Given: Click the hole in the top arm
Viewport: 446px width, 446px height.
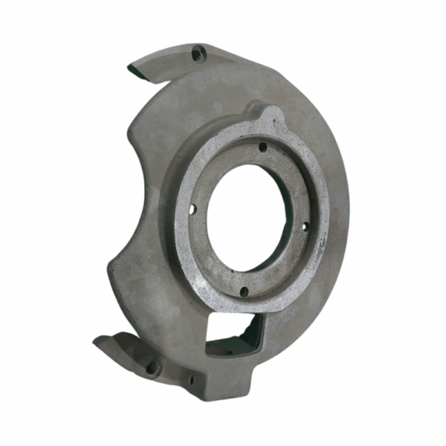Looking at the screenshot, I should click(x=197, y=54).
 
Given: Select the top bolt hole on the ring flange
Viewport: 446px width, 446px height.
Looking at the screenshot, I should click(x=262, y=147).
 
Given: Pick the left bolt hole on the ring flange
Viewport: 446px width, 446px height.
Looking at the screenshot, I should click(x=193, y=209).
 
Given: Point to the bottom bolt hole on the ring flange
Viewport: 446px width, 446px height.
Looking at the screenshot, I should click(x=243, y=291).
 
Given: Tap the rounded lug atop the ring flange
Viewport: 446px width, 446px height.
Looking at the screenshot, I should click(x=272, y=116).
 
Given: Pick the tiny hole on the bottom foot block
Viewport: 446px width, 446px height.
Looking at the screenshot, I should click(x=190, y=381).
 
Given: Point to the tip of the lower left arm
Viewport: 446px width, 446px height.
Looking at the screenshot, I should click(x=99, y=342).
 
